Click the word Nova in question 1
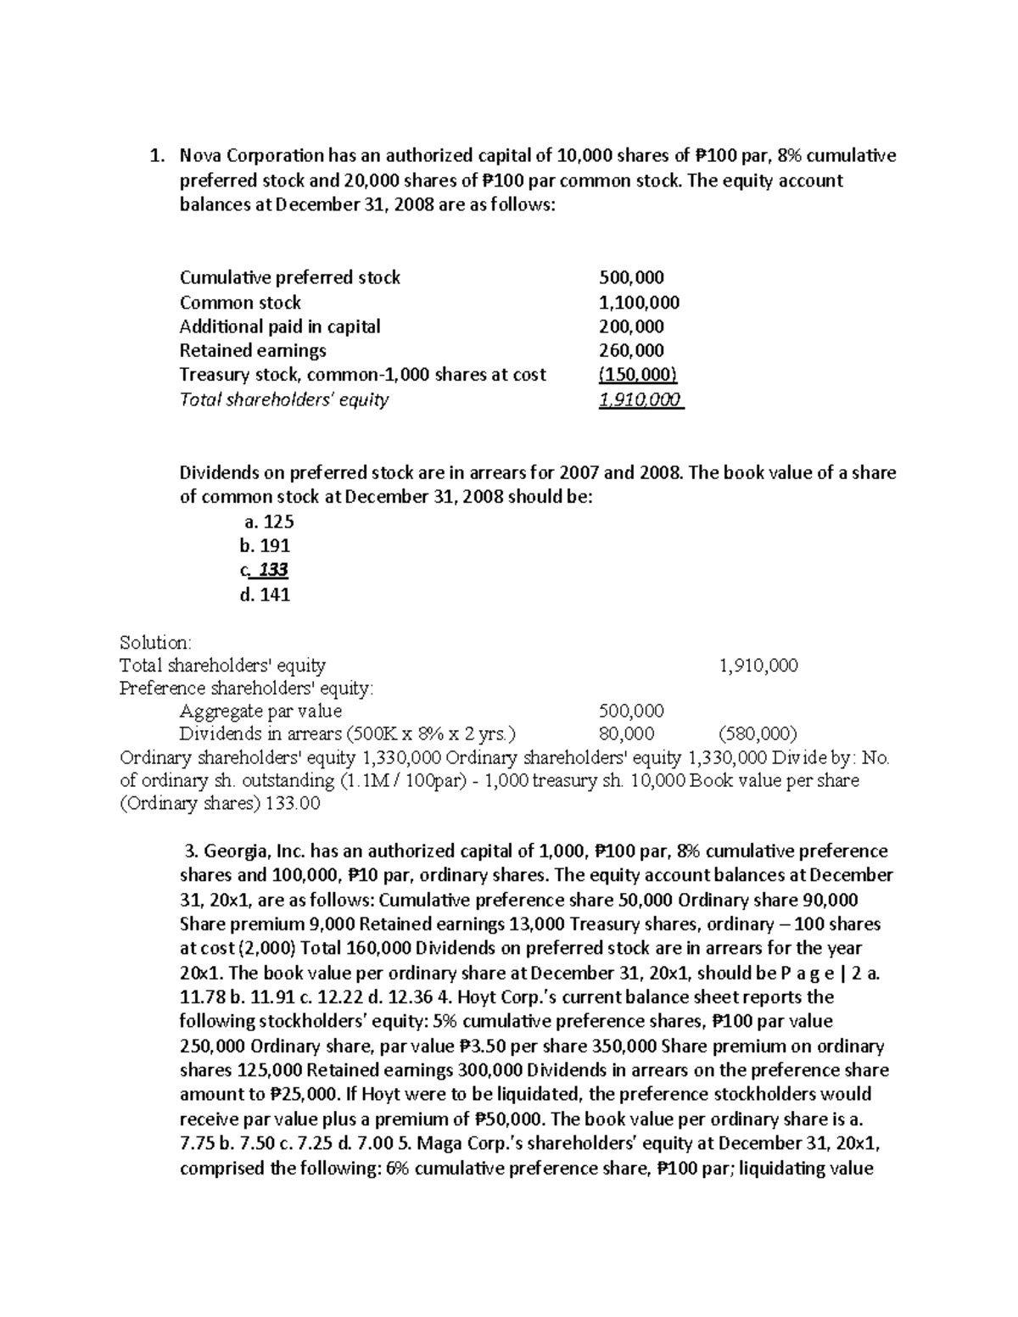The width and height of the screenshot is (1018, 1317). point(199,155)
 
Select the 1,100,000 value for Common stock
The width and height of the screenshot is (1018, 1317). point(639,303)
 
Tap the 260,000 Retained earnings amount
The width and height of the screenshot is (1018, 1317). point(631,350)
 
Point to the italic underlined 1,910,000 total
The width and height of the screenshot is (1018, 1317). point(640,399)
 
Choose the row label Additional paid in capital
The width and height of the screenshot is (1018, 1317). point(280,326)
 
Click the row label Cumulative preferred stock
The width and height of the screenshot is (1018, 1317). point(289,278)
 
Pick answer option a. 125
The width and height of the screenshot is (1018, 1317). point(268,522)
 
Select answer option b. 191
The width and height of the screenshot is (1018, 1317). point(266,545)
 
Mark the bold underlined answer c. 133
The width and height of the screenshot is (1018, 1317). point(266,570)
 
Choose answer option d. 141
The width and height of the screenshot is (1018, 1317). point(266,594)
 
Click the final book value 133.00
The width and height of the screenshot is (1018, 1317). point(293,804)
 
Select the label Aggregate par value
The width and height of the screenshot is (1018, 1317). point(260,710)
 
